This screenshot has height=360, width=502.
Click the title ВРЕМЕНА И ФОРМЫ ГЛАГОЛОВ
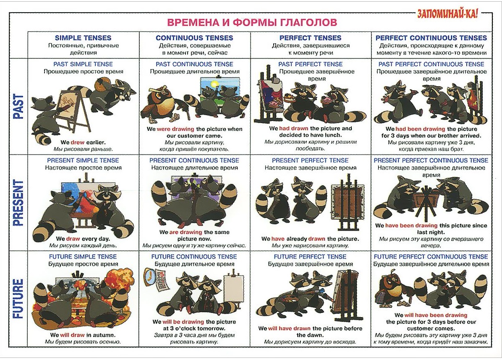252,22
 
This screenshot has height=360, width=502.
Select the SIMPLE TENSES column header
83,38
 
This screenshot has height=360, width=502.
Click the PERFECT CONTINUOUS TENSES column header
431,38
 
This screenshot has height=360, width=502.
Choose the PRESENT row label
18,203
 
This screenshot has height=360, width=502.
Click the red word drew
78,142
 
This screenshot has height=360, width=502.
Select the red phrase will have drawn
289,328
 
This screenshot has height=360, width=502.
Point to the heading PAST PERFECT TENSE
310,64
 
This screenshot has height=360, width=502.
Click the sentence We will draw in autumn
83,335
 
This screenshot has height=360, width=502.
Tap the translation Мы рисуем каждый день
83,246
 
